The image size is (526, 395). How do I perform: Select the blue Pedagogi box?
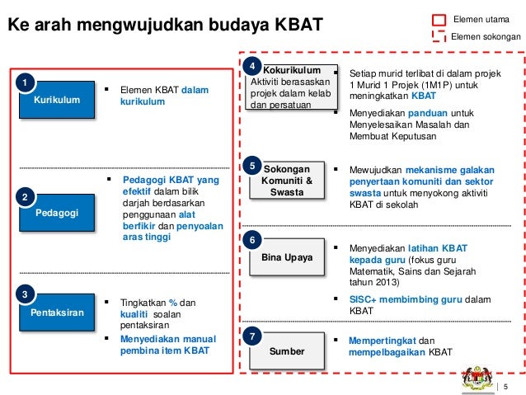57,212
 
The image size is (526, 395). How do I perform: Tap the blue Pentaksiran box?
57,313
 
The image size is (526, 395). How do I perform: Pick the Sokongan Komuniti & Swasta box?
286,181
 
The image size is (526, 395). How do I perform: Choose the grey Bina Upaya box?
286,257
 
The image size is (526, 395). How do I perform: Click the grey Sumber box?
286,351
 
